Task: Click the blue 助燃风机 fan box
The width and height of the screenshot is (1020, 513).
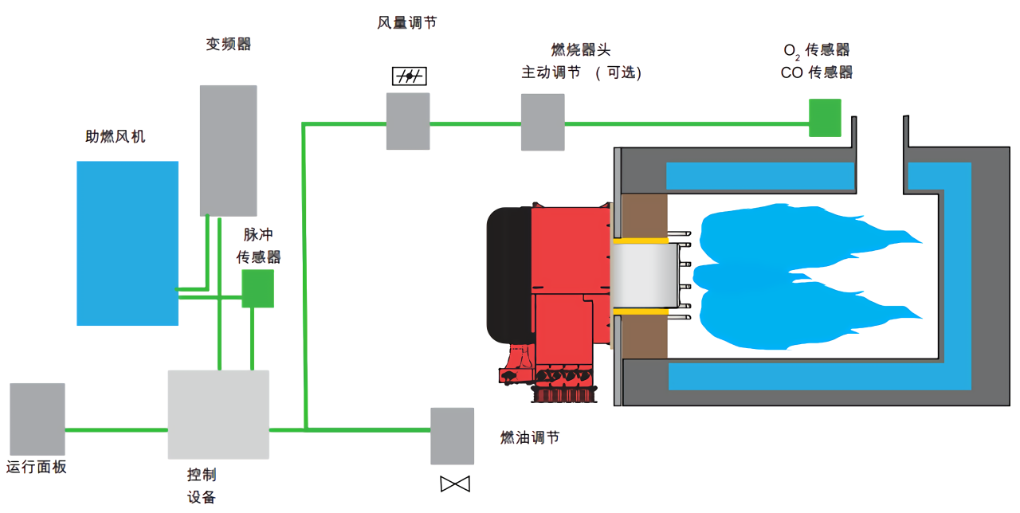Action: click(x=127, y=243)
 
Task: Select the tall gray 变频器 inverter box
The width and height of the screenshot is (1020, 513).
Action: click(x=228, y=150)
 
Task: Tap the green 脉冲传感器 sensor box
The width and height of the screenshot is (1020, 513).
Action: click(x=257, y=288)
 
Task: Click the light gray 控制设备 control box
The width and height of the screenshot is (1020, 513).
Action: click(x=218, y=414)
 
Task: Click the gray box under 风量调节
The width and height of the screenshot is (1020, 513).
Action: click(x=408, y=121)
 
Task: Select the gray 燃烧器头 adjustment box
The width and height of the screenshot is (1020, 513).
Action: click(x=543, y=122)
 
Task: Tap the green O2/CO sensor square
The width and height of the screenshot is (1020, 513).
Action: click(x=825, y=117)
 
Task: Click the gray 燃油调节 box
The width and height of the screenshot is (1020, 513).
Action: click(x=452, y=436)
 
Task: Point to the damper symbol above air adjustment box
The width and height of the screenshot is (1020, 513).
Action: click(x=410, y=76)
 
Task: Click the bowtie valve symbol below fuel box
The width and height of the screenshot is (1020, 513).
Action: click(x=455, y=484)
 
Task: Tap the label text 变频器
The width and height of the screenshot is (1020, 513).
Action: click(x=229, y=45)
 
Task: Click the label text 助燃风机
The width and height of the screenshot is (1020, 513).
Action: click(x=116, y=136)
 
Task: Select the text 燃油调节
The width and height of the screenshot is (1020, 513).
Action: click(x=529, y=437)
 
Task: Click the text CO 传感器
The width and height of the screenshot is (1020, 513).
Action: click(x=817, y=72)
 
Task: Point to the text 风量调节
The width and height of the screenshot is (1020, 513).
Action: click(x=406, y=23)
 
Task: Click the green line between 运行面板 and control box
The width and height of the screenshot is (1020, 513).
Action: click(x=116, y=430)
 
